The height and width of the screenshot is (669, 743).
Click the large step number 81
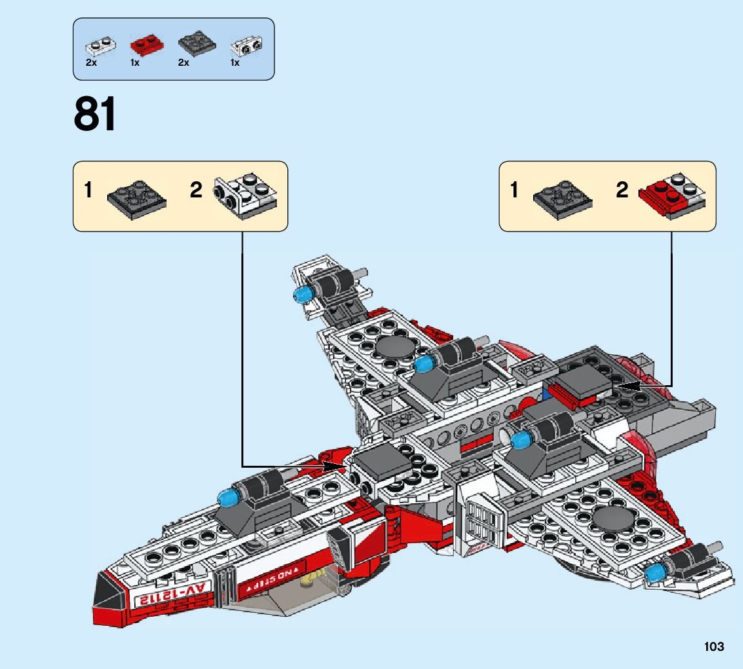[x=96, y=115]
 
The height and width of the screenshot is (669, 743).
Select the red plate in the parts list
[x=147, y=45]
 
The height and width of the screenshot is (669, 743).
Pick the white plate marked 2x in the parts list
[x=101, y=46]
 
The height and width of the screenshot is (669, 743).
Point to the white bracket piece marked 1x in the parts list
[x=247, y=46]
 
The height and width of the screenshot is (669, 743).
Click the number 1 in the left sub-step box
[x=88, y=191]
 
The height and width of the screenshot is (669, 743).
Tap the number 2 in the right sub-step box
[x=622, y=190]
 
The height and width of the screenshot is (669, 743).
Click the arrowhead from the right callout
[x=624, y=386]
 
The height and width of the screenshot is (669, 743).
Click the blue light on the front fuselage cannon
[x=227, y=498]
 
